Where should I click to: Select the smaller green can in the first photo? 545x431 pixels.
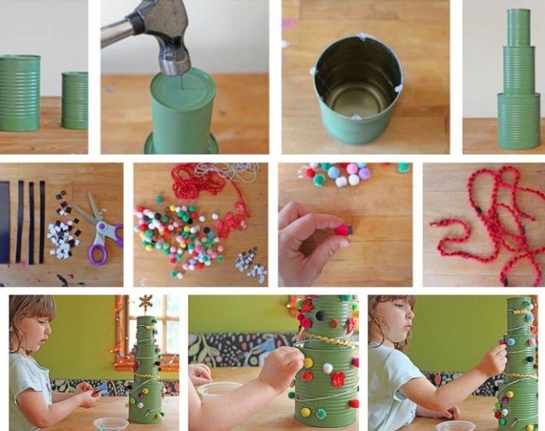point(74,100)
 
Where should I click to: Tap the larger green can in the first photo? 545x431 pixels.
point(19,93)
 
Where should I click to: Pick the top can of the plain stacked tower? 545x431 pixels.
point(519,28)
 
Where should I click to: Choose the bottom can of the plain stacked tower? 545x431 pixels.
point(519,120)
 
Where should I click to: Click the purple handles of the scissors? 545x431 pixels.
point(102,243)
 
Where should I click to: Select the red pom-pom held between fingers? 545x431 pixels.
point(341,230)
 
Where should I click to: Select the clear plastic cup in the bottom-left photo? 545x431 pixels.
point(110,424)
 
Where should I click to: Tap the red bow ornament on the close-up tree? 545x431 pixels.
point(337,379)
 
